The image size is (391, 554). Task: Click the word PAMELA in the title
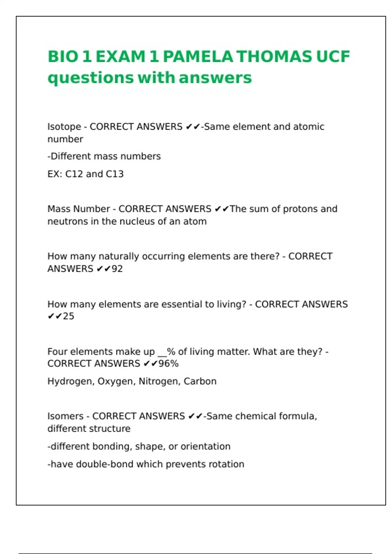[x=198, y=56]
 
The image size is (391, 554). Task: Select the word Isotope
[x=64, y=127]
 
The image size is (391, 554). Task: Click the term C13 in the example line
[x=115, y=174]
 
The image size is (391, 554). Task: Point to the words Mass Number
[x=79, y=209]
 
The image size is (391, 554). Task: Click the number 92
[x=117, y=269]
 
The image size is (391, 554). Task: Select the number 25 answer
[x=68, y=316]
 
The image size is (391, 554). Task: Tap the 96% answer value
[x=168, y=364]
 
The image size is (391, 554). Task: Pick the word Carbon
[x=200, y=381]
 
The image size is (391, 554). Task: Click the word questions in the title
[x=91, y=78]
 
